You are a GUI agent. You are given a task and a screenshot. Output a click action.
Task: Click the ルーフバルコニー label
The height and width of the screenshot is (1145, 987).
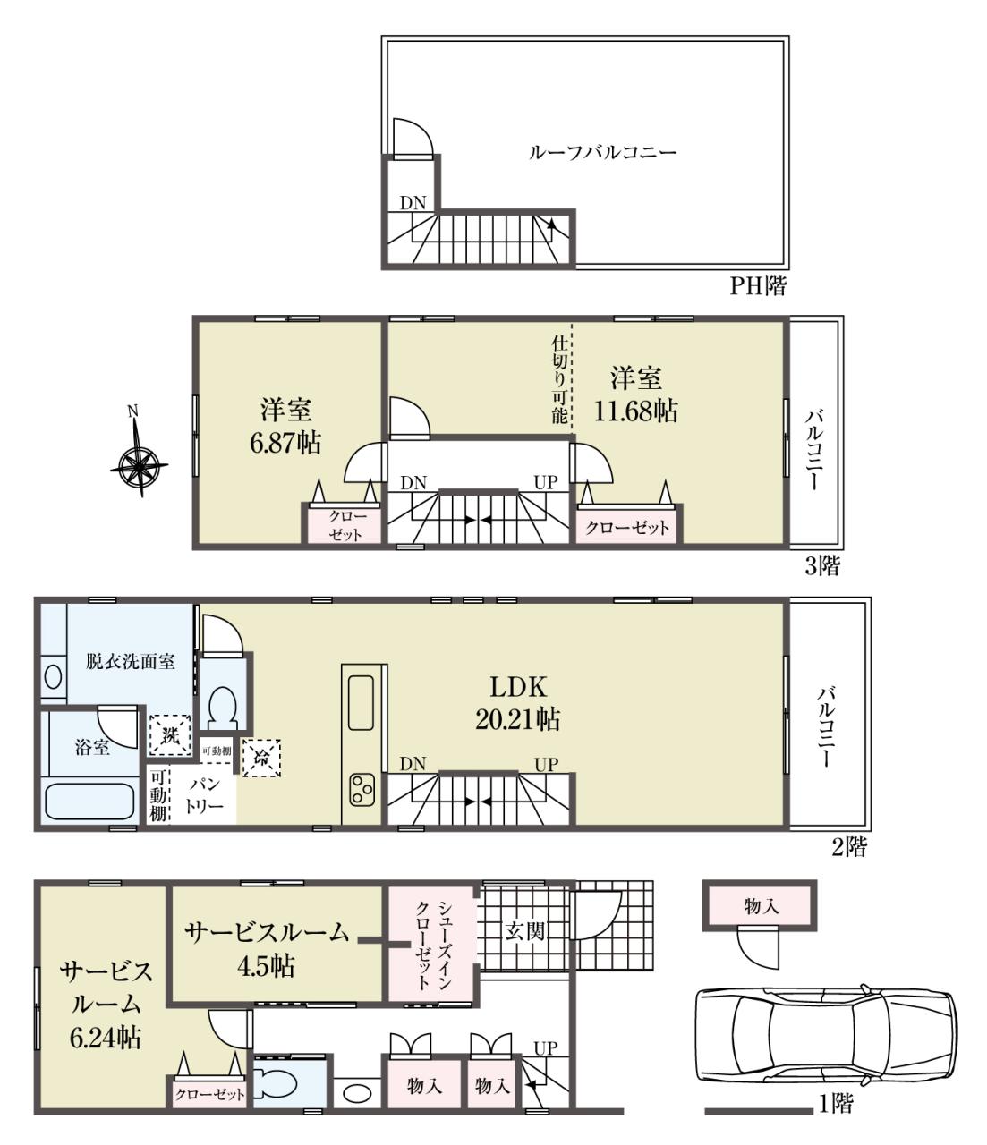point(603,152)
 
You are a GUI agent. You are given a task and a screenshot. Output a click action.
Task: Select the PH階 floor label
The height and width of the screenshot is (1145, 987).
point(757,286)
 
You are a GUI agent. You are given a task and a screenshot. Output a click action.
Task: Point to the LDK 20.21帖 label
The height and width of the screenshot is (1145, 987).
point(517,703)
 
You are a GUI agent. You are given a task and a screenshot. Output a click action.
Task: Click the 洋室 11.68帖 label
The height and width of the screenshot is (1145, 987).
point(635,394)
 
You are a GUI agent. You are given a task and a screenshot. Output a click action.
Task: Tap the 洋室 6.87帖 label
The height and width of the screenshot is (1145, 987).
point(286,426)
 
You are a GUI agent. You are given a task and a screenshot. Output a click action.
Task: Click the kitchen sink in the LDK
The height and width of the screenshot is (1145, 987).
point(361,703)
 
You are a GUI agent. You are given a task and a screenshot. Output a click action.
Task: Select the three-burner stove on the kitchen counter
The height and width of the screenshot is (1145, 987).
point(362,791)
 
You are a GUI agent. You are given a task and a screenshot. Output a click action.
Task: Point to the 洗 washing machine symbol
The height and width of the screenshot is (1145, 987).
point(171,735)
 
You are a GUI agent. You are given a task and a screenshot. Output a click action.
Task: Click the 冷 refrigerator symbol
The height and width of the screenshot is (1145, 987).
point(260,758)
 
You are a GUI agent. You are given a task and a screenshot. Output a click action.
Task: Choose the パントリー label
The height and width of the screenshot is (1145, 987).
point(204,795)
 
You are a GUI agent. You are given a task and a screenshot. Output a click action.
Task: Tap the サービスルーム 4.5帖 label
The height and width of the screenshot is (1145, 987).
point(266,949)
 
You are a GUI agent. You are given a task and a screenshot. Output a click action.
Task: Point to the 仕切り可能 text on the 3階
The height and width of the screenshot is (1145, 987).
point(559,379)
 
